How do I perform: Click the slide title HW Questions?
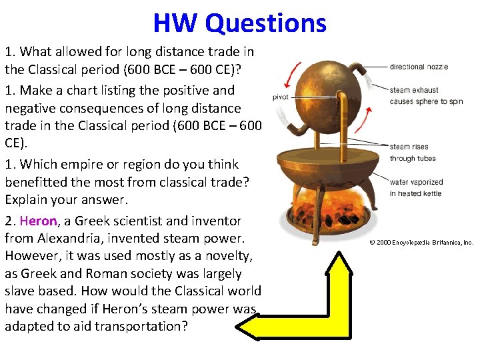(x=239, y=23)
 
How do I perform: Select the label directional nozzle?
(x=419, y=67)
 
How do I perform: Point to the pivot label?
(x=281, y=97)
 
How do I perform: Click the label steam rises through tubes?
(x=412, y=153)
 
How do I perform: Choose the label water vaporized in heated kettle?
(x=416, y=187)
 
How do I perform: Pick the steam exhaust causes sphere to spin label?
(x=426, y=95)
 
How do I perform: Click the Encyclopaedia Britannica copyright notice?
(x=421, y=243)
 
